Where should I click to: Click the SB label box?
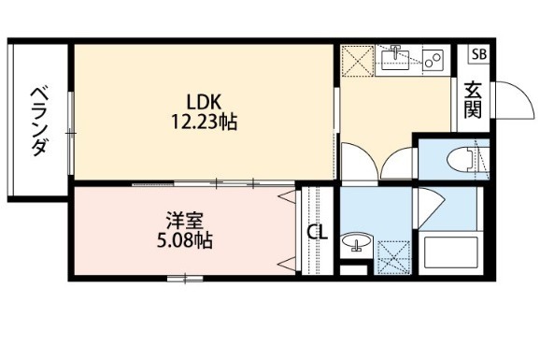tap(479, 54)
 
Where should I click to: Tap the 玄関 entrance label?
tap(473, 100)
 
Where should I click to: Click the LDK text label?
tap(203, 103)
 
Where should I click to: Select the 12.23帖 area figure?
tap(205, 122)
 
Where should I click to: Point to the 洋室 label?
tap(184, 221)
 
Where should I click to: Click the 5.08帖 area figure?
tap(185, 240)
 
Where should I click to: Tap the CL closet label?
tap(317, 233)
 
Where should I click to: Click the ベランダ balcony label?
tap(39, 121)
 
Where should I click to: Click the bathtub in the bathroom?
tap(451, 252)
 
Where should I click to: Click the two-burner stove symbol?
tap(433, 59)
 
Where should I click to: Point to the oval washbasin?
tap(356, 240)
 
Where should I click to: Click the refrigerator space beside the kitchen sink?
tap(358, 61)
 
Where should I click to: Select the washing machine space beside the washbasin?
tap(394, 257)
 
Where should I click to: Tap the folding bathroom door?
tap(431, 207)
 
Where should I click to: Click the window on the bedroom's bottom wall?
tap(185, 279)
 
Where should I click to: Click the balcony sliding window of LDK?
tap(71, 133)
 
